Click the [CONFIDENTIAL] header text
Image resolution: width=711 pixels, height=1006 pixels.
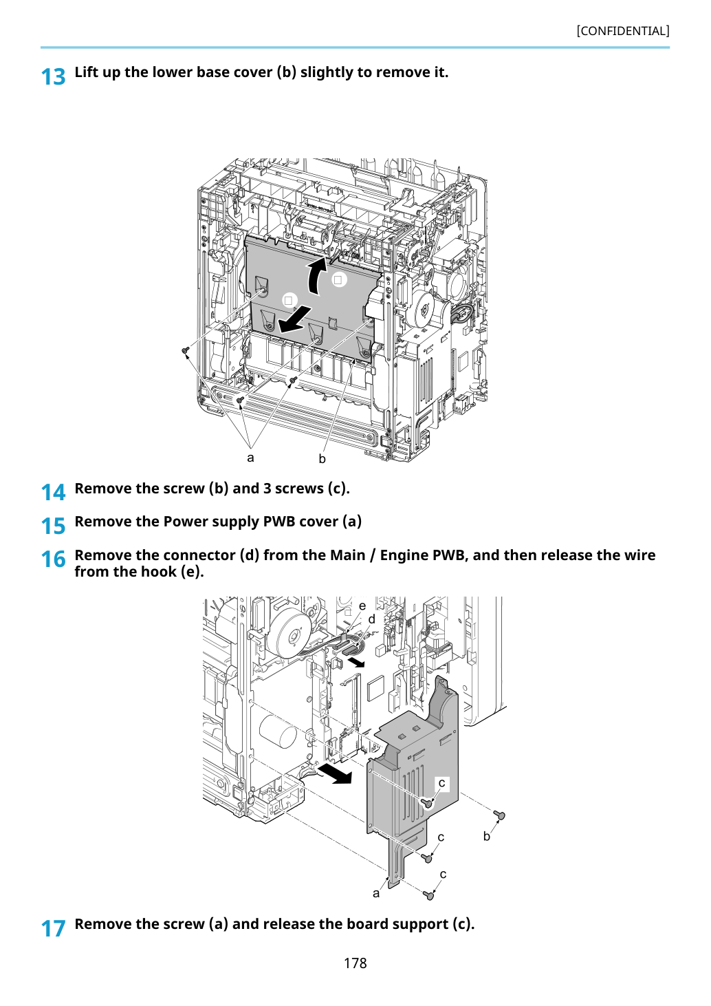click(622, 31)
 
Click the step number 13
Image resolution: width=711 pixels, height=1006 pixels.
click(53, 76)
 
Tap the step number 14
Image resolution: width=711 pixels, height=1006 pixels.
click(53, 492)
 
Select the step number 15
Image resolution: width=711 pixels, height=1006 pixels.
click(53, 526)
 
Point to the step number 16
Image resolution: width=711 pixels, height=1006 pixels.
click(53, 559)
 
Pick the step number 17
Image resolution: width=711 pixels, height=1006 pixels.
click(53, 928)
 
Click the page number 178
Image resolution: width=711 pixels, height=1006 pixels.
click(355, 963)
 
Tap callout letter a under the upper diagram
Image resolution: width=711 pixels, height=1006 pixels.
click(250, 458)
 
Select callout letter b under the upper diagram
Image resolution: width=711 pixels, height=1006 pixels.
click(322, 458)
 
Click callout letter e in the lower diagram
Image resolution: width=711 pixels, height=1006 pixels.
click(362, 606)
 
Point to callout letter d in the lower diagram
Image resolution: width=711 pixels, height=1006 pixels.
click(371, 619)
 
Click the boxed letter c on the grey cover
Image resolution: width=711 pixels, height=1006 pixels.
click(441, 783)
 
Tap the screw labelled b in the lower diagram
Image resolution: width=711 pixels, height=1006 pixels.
click(499, 814)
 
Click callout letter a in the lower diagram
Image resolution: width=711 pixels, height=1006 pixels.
click(376, 894)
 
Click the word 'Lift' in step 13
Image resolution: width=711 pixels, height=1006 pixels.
click(86, 72)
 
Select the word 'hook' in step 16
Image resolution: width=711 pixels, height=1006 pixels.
click(158, 572)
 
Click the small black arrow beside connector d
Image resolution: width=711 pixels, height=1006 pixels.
click(356, 662)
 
